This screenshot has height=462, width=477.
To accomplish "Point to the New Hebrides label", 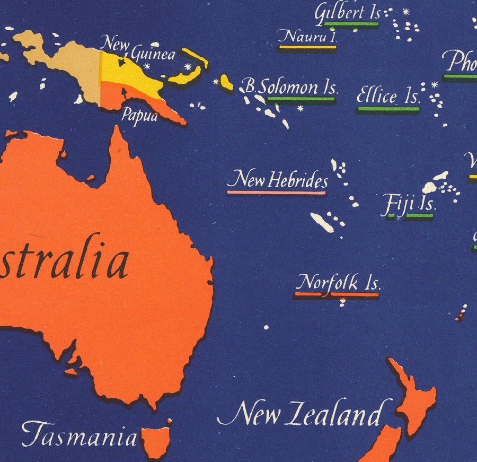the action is coord(278,180).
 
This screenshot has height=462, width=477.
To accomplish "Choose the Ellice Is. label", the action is coord(388,97).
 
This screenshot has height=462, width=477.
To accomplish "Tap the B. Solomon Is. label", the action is coord(290,86).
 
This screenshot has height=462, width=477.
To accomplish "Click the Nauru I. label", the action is coord(307,37).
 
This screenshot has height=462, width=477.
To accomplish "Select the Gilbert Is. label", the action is coord(347,13).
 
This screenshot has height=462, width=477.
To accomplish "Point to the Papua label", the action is coord(139,115).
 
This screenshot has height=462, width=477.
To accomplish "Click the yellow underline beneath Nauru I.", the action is coord(307,47).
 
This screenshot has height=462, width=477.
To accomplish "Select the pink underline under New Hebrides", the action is coord(276,193).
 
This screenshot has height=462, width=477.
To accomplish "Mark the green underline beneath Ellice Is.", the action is coord(388,109).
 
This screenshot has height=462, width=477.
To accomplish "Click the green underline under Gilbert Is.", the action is coord(351,24).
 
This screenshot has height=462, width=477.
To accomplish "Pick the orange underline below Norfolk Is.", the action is coord(337,294).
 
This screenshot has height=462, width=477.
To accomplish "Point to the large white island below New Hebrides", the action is coord(322,223).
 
